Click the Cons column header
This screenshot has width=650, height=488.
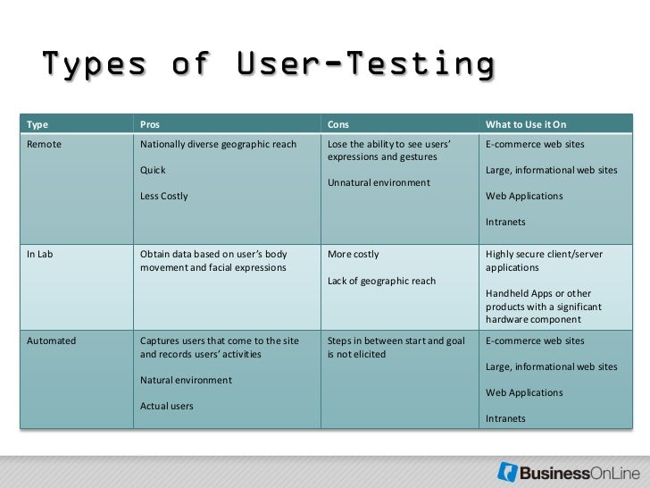click(x=338, y=124)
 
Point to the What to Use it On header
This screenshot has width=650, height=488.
click(x=526, y=124)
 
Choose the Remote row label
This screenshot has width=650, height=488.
click(x=45, y=144)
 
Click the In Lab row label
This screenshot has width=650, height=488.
click(x=40, y=255)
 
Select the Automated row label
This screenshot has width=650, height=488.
click(x=51, y=341)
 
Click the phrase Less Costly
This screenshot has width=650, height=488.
click(x=164, y=196)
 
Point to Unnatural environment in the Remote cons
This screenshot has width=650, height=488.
click(x=379, y=182)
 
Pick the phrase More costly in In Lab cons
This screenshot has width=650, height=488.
click(x=354, y=255)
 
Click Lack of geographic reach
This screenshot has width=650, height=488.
click(x=381, y=281)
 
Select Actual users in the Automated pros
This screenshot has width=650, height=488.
click(x=167, y=406)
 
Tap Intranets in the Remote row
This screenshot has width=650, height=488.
click(x=505, y=222)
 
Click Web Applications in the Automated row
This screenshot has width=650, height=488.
click(x=524, y=392)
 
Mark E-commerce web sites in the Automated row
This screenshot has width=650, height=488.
click(x=535, y=341)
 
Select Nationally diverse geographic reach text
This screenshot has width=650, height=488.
click(x=219, y=144)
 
